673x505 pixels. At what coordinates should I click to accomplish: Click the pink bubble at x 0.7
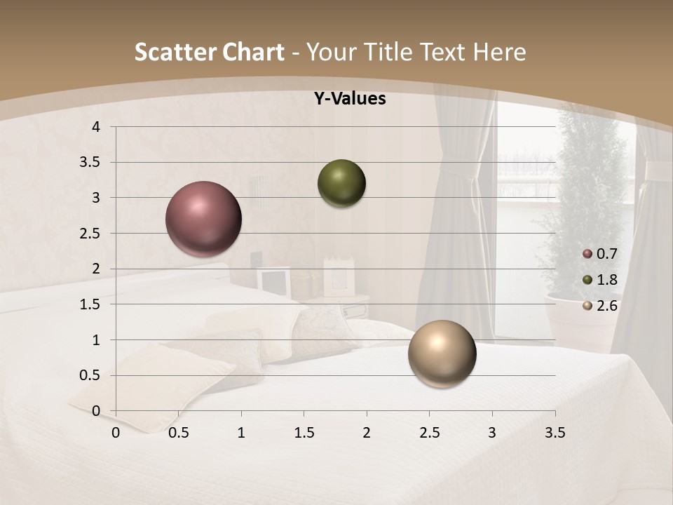point(203,219)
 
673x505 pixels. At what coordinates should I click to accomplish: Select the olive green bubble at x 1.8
point(341,183)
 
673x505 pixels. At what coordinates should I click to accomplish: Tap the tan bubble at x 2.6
point(442,353)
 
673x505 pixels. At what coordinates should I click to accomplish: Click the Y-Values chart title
point(350,99)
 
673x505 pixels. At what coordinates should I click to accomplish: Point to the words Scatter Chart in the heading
point(209,52)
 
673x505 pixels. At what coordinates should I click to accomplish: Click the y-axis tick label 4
point(97,127)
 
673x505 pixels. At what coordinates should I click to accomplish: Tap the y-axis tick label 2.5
point(91,234)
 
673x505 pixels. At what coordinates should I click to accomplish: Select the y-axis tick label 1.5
point(91,304)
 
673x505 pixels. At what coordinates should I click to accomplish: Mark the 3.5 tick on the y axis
point(91,163)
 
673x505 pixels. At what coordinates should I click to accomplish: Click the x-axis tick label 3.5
point(555,433)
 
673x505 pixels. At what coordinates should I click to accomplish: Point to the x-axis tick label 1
point(241,433)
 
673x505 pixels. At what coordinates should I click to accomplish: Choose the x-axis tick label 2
point(367,433)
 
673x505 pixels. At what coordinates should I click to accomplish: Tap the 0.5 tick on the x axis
point(179,433)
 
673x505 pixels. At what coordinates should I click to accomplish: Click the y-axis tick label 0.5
point(91,376)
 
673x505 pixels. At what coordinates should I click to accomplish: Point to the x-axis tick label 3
point(492,433)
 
